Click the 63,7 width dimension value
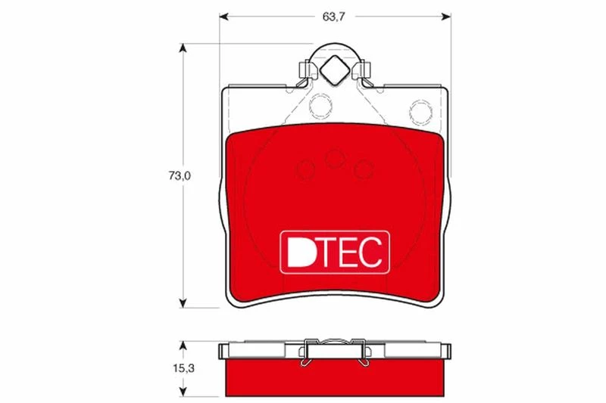334,17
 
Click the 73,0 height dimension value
180,176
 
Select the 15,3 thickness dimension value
183,369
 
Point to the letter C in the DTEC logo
370,252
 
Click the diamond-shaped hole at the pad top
335,70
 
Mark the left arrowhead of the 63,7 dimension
224,17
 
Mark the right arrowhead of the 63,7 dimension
446,17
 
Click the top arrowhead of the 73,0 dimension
183,48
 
